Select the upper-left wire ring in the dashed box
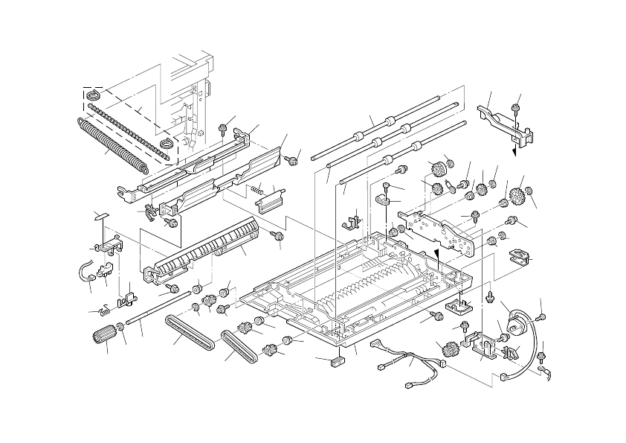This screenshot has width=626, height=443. click(94, 95)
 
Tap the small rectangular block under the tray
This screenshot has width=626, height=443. click(338, 361)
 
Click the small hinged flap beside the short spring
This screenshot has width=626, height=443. click(275, 197)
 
